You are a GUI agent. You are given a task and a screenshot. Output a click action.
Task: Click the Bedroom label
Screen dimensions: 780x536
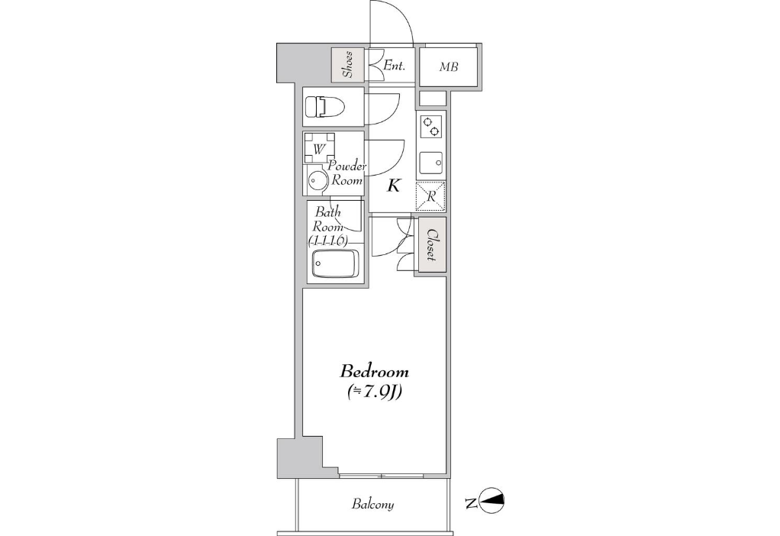374,371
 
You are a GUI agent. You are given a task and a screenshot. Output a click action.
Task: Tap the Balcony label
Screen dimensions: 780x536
372,504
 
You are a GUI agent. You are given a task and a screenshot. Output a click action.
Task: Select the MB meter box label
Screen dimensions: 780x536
448,66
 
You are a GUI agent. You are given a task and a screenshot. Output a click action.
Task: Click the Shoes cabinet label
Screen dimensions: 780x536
348,65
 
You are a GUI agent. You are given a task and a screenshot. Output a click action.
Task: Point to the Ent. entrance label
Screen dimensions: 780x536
395,65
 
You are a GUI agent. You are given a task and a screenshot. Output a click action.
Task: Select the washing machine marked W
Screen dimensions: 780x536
319,148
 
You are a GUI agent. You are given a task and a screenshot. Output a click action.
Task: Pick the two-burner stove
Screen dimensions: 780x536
430,127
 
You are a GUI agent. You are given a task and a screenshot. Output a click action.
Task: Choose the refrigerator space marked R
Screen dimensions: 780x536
430,196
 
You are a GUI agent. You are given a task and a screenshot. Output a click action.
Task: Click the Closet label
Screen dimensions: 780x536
432,245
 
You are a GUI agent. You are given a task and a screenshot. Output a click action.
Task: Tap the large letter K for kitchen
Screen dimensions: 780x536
394,186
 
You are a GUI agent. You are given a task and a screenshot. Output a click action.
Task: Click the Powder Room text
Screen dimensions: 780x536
346,173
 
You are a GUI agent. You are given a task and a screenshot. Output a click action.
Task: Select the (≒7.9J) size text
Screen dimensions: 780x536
374,392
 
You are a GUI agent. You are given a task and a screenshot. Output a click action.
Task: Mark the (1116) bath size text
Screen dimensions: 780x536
328,241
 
